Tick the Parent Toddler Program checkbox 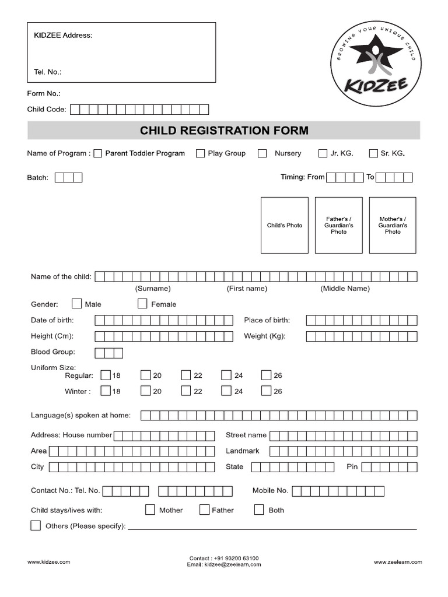point(97,153)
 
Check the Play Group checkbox point(200,153)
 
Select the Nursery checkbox point(262,153)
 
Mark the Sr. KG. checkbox point(373,153)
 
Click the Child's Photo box point(284,225)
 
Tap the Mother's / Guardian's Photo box point(393,225)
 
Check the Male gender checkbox point(76,304)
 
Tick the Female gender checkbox point(142,304)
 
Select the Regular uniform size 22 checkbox point(186,375)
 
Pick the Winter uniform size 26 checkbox point(266,391)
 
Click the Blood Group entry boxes point(109,353)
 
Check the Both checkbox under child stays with point(259,510)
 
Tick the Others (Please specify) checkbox point(36,526)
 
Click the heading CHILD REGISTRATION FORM point(224,130)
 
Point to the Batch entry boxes point(69,177)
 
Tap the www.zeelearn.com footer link point(398,562)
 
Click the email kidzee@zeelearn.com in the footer point(224,565)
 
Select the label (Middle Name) point(345,289)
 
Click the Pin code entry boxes point(390,467)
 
